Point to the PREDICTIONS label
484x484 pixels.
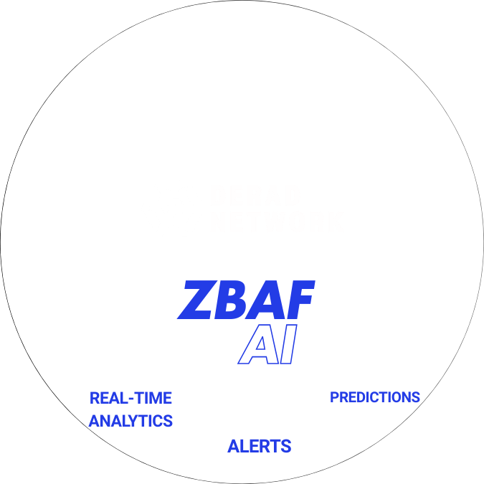pyautogui.click(x=374, y=397)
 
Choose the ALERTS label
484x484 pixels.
pyautogui.click(x=260, y=446)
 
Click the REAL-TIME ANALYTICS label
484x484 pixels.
pyautogui.click(x=131, y=409)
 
